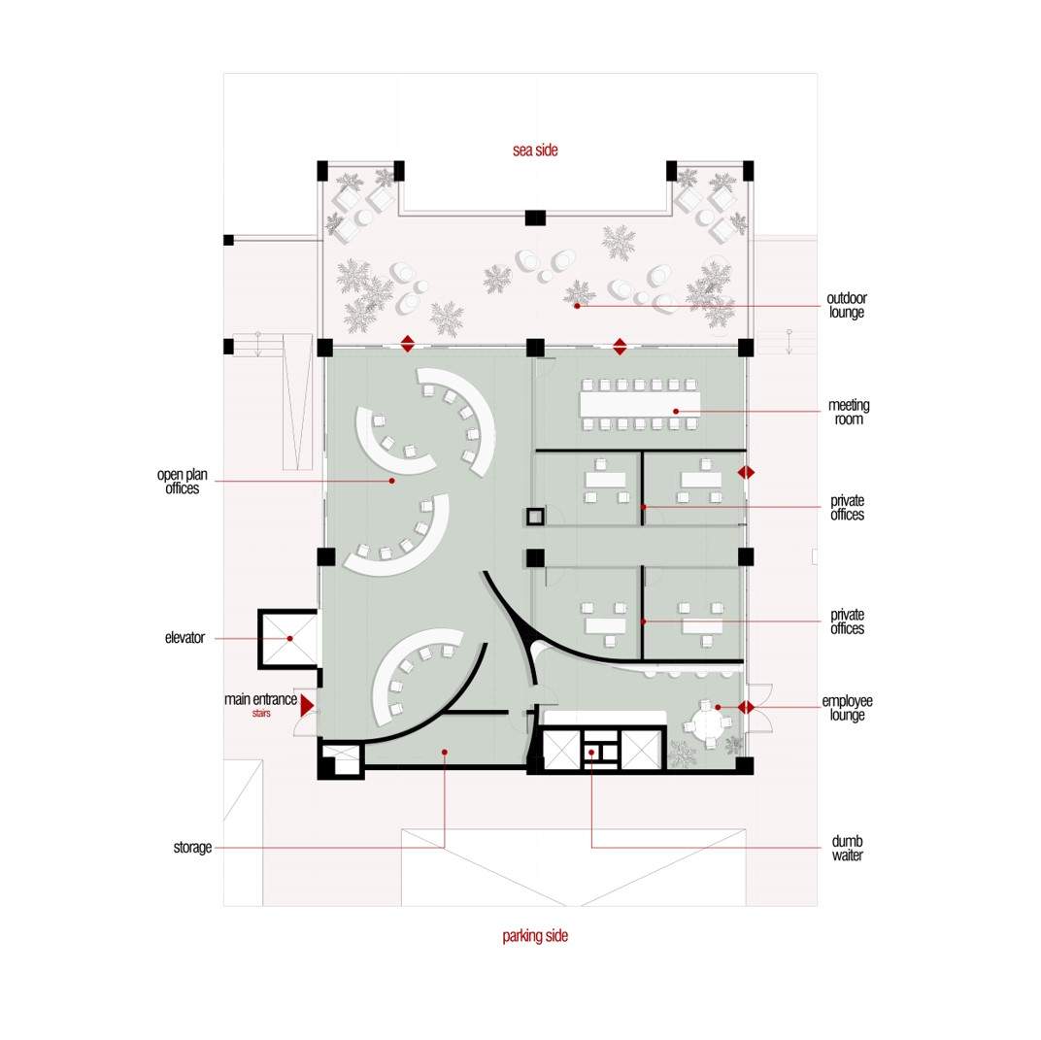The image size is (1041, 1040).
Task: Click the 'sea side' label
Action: pyautogui.click(x=535, y=150)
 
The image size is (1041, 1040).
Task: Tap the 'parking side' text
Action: pyautogui.click(x=535, y=936)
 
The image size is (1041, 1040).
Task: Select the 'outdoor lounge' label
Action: pyautogui.click(x=847, y=305)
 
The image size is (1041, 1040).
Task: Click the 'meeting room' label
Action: pyautogui.click(x=849, y=412)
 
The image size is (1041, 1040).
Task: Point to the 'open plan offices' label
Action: pyautogui.click(x=183, y=482)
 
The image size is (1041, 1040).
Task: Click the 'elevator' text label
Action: pyautogui.click(x=185, y=638)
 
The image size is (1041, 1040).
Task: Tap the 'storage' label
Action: pyautogui.click(x=192, y=848)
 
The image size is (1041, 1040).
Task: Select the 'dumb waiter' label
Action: pyautogui.click(x=847, y=848)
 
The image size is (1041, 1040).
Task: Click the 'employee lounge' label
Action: pyautogui.click(x=847, y=708)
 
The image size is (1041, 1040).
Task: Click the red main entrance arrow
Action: pyautogui.click(x=306, y=705)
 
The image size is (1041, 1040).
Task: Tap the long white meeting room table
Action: pyautogui.click(x=639, y=404)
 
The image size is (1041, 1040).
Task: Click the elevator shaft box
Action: pyautogui.click(x=288, y=638)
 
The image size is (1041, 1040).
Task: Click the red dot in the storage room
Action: pyautogui.click(x=444, y=752)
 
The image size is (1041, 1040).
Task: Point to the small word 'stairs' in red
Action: pyautogui.click(x=261, y=714)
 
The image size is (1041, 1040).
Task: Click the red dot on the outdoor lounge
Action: pyautogui.click(x=577, y=306)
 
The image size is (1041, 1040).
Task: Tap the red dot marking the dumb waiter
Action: pyautogui.click(x=590, y=752)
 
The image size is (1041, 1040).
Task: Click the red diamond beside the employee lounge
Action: pyautogui.click(x=746, y=707)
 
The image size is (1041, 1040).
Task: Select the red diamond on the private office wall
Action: pyautogui.click(x=746, y=473)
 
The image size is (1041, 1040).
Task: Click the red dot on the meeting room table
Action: pyautogui.click(x=676, y=412)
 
